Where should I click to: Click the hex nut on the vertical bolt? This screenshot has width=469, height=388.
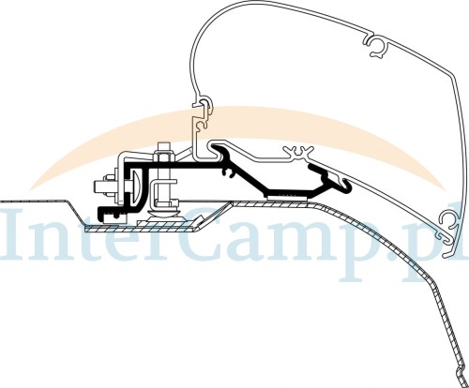pos(164,156)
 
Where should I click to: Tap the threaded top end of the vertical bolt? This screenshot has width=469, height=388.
pos(164,147)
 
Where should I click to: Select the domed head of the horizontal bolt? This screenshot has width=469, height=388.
pos(136,187)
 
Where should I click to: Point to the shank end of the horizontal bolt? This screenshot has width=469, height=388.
pos(100,187)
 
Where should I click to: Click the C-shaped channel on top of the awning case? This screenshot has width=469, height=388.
pos(377,45)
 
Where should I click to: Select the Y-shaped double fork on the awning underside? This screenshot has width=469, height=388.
pos(298,153)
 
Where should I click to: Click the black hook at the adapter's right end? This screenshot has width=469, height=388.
pos(344,185)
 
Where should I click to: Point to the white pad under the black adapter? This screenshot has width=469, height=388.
pos(289,195)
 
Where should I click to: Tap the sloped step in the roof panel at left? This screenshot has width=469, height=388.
pos(75,213)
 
